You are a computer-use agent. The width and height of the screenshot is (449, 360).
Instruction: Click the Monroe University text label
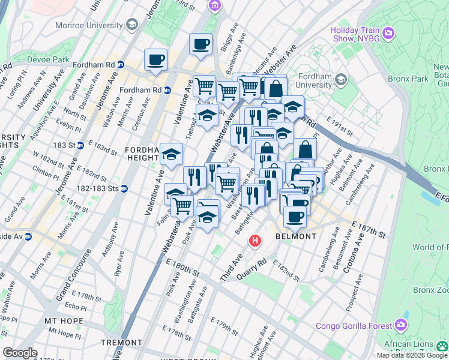click(89, 25)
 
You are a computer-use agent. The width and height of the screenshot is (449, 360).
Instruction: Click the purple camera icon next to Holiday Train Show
click(389, 32)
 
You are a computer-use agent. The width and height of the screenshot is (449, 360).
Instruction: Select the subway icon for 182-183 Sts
click(124, 188)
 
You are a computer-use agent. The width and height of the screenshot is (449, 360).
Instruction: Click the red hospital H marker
click(255, 241)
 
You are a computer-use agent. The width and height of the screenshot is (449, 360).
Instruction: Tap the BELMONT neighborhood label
click(296, 236)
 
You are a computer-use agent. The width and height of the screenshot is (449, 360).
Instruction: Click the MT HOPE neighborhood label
click(64, 321)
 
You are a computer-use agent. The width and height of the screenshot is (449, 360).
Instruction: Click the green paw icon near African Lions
click(443, 345)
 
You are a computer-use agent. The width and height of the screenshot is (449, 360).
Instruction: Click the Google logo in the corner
click(20, 353)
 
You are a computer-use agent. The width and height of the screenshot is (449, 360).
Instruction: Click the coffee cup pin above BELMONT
click(294, 217)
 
